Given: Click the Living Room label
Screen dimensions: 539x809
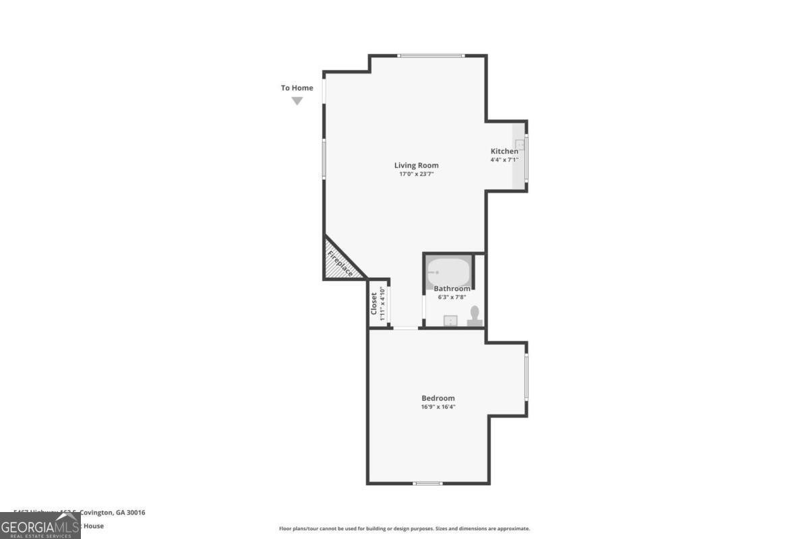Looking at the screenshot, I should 416,165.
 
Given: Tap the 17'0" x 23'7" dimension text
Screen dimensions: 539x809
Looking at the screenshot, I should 416,175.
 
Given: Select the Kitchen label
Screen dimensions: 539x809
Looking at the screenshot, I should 504,151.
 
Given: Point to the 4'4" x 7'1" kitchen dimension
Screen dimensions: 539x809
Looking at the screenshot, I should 504,160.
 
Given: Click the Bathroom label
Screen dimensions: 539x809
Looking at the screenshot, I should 452,288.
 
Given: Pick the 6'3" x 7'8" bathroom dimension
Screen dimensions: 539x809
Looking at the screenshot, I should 452,297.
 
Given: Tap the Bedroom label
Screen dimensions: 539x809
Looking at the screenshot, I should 438,398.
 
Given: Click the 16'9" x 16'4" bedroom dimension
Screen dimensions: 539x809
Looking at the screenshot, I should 438,406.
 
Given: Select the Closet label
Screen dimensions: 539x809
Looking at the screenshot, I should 374,303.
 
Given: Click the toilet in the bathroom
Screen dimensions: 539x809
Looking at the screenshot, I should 475,316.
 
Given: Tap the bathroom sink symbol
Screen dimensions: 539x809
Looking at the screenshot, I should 450,320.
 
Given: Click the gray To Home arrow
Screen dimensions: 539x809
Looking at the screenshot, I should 297,101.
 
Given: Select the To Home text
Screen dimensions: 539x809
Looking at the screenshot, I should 297,88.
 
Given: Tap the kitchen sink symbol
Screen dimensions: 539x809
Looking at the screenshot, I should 520,145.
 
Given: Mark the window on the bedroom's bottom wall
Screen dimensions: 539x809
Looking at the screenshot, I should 427,483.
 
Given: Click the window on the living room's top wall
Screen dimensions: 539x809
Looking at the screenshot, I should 431,55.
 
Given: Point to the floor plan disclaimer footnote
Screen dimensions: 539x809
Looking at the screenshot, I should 404,528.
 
